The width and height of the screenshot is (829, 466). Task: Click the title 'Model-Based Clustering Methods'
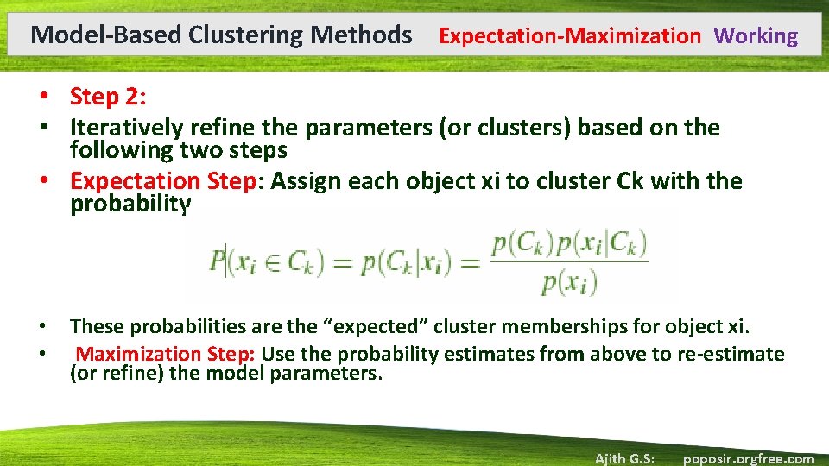(221, 35)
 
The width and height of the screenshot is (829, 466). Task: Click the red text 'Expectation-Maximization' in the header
(570, 36)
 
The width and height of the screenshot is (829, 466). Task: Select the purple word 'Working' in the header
(756, 36)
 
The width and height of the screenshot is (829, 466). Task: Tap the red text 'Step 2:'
(107, 97)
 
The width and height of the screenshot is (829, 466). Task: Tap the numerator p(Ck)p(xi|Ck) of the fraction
(569, 244)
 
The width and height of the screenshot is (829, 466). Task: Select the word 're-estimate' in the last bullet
(740, 354)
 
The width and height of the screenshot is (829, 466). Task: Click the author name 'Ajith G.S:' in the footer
(624, 458)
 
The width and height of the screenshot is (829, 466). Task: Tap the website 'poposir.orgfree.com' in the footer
(748, 458)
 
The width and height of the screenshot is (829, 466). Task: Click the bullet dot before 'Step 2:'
(53, 97)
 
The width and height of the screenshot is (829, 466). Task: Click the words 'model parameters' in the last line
(304, 375)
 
